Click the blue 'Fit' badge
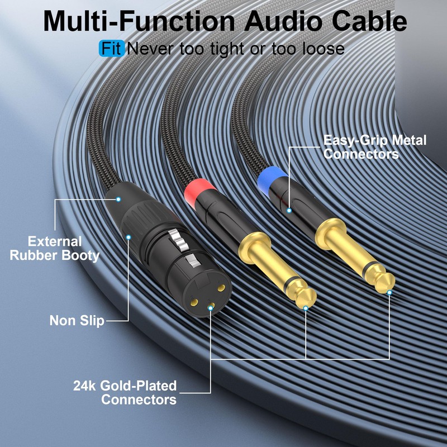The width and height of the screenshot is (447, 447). click(111, 48)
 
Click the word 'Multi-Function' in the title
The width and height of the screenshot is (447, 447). click(139, 21)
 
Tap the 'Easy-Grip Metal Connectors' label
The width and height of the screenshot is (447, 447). click(374, 147)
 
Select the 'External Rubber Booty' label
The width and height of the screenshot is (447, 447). click(64, 249)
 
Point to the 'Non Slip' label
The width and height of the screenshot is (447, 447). click(77, 321)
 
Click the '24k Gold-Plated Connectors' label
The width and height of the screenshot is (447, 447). click(125, 392)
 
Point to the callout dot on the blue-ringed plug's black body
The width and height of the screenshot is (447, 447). click(289, 210)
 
